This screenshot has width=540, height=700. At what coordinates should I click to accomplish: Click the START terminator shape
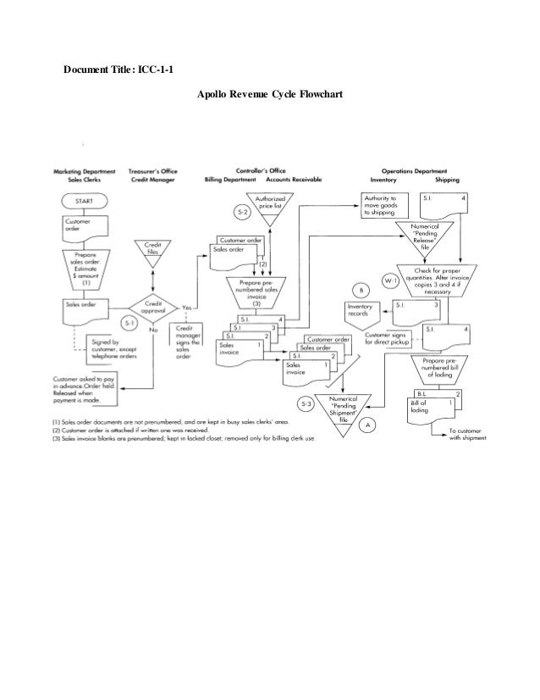coord(85,200)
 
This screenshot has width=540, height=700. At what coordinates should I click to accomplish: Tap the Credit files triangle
coord(153,252)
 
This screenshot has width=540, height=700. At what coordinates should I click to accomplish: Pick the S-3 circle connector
coord(306,403)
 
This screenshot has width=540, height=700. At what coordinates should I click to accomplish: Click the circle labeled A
coord(366,423)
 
